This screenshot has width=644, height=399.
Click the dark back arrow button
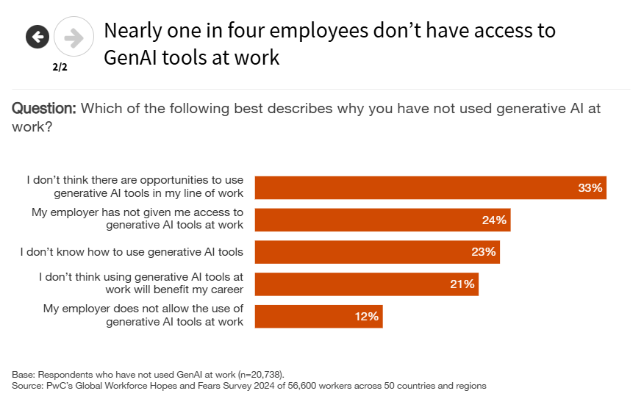pos(37,36)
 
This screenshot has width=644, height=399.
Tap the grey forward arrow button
pos(74,36)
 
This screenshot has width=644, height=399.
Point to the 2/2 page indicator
pos(60,67)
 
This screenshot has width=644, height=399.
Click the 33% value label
pos(590,188)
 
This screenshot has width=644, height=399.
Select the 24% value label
pos(494,220)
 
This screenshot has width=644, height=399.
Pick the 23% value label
pos(484,252)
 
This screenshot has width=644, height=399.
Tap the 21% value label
pos(462,284)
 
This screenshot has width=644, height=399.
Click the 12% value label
pos(366,316)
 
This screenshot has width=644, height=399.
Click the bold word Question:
pos(44,109)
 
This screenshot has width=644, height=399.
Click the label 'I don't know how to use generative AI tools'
pos(132,252)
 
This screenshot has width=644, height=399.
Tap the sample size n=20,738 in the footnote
pos(254,373)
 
